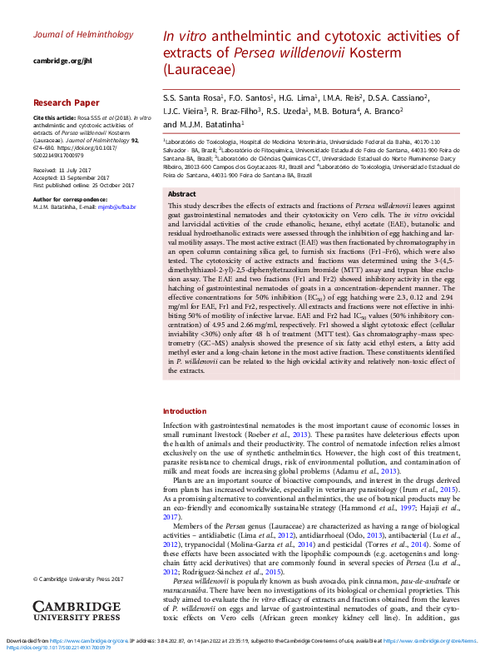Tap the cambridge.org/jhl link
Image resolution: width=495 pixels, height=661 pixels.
pyautogui.click(x=63, y=62)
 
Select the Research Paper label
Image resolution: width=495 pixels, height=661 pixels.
pyautogui.click(x=66, y=103)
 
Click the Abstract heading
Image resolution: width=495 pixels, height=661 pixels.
pyautogui.click(x=183, y=193)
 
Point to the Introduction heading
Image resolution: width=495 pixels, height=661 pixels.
pyautogui.click(x=185, y=411)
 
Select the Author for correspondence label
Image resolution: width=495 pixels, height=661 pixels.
pyautogui.click(x=70, y=199)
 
